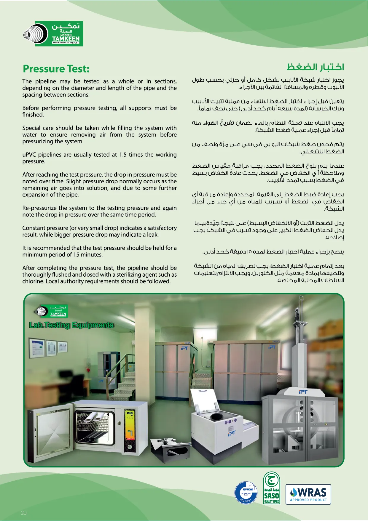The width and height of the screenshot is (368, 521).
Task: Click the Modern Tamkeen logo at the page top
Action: point(53,34)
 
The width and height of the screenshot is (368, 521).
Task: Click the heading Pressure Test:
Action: point(56,69)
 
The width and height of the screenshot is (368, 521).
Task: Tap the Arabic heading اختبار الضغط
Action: point(315,67)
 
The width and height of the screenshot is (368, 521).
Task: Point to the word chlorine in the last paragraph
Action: point(33,281)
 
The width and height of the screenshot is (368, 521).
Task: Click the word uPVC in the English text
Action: point(29,155)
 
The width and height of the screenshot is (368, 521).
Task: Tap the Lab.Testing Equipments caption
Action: point(71,325)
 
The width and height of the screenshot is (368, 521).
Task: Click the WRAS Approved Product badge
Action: point(308,494)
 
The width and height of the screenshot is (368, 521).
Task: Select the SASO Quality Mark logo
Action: point(272,488)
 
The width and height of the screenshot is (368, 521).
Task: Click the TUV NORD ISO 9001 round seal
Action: point(246,493)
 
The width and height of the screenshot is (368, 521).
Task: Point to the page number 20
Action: point(24,512)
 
